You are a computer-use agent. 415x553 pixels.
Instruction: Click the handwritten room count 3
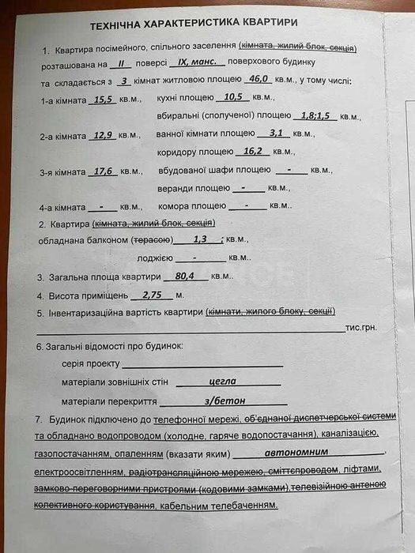click(123, 81)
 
